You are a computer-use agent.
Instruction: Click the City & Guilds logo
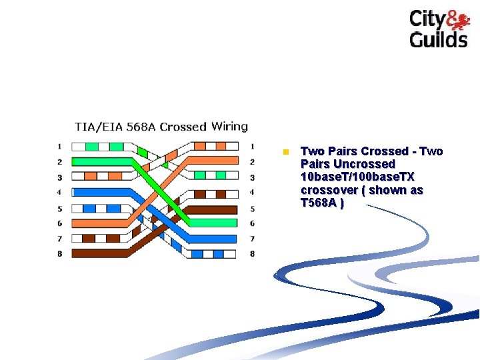click(x=438, y=29)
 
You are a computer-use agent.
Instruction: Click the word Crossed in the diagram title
click(x=183, y=126)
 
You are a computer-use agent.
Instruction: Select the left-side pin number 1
click(x=59, y=146)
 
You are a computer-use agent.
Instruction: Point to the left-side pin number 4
click(x=59, y=192)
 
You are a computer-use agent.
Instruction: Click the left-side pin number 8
click(x=59, y=253)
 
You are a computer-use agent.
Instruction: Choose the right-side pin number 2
click(x=252, y=161)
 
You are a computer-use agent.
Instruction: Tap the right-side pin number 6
click(x=252, y=223)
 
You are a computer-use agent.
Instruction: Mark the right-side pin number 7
click(x=252, y=238)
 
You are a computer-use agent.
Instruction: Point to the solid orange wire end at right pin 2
click(x=213, y=161)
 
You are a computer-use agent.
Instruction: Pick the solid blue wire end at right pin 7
click(x=213, y=238)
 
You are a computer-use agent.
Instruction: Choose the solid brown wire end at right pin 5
click(x=213, y=209)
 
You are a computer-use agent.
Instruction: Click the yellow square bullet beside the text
click(x=285, y=152)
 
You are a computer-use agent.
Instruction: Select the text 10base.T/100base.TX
click(x=357, y=177)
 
